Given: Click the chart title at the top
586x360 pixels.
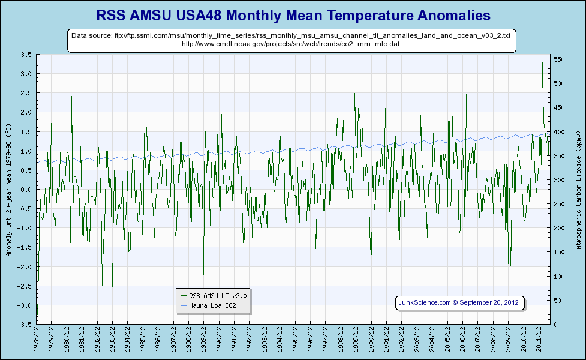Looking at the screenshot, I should [293, 14].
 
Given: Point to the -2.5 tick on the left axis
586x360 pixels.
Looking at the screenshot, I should [25, 286].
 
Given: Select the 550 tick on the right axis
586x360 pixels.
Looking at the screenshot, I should [560, 59].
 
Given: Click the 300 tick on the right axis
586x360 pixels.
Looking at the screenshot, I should [560, 180].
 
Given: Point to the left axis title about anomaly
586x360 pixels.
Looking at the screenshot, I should [8, 190].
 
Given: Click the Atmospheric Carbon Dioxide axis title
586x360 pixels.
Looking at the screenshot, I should [578, 190].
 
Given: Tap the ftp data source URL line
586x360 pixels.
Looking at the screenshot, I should [292, 36].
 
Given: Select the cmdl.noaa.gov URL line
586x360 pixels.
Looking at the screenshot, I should [291, 44].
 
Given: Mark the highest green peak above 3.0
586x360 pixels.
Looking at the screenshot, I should [542, 62].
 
